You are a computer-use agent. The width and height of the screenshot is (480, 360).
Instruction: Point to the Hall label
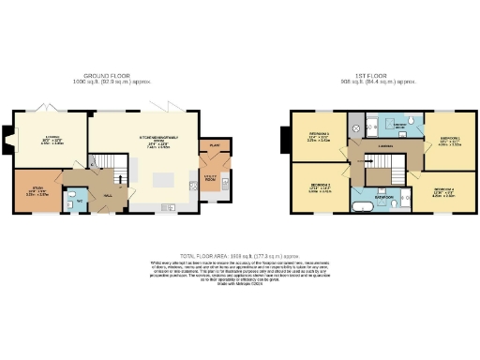pos(108,195)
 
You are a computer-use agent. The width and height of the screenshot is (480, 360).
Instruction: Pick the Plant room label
pos(213,146)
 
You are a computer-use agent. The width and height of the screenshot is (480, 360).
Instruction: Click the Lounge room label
pos(52,142)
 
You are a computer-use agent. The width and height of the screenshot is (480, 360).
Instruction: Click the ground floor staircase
pos(116,173)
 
